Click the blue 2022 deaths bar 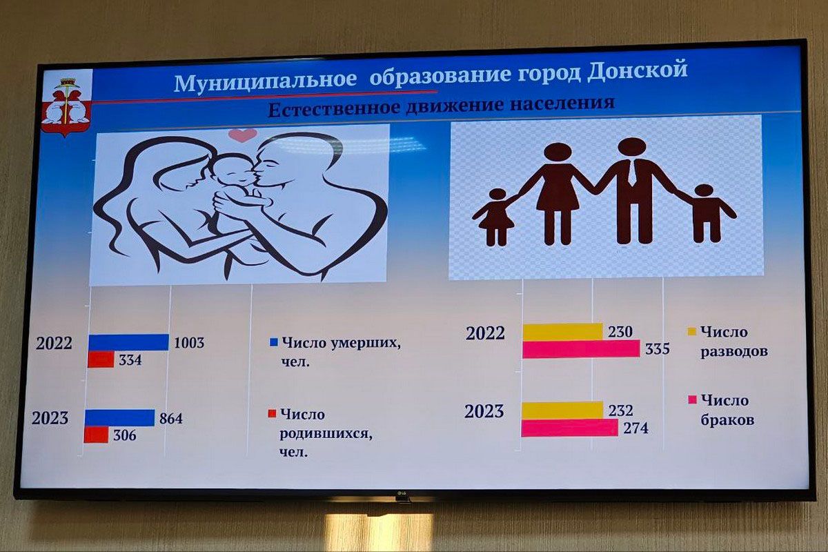(x=128, y=342)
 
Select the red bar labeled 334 (x=101, y=359)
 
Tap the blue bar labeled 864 (x=120, y=417)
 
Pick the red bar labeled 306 (x=97, y=435)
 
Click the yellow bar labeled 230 (x=562, y=332)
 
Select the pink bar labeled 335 (x=581, y=349)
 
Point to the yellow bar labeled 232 (x=562, y=410)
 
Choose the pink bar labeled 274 (x=570, y=428)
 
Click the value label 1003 (x=189, y=342)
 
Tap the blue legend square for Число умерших (x=274, y=342)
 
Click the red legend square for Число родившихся (x=272, y=413)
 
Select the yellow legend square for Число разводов (x=691, y=331)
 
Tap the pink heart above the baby (x=243, y=135)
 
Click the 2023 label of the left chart (x=50, y=417)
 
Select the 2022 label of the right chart (x=485, y=333)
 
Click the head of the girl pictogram (x=497, y=195)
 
